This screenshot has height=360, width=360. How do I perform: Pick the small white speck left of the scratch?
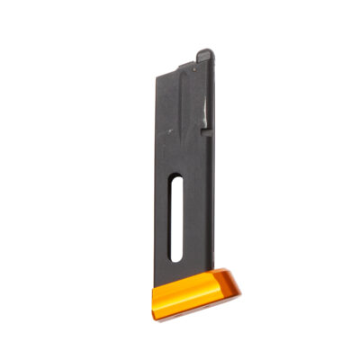166,131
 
